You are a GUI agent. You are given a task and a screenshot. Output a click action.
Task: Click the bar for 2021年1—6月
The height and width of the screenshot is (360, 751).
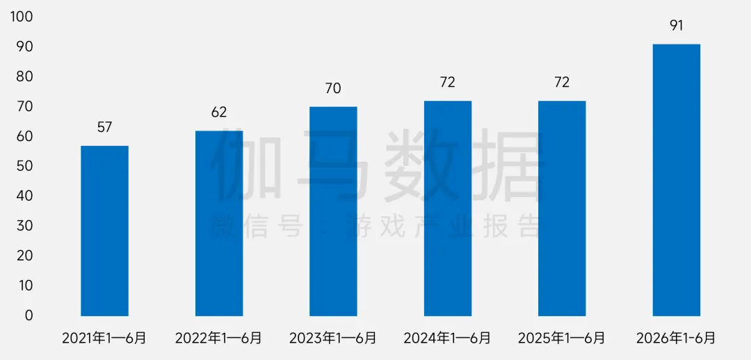coord(104,231)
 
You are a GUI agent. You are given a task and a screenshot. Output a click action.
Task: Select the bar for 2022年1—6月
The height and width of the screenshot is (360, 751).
coord(219,223)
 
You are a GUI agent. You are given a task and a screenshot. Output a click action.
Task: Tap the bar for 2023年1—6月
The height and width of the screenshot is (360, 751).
coord(333,211)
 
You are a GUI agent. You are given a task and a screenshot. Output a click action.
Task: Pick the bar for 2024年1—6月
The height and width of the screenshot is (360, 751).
coord(448,208)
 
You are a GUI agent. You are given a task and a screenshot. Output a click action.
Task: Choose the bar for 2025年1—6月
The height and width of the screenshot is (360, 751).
coord(562,208)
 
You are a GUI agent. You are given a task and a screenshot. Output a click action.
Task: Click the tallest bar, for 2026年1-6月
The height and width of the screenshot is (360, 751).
coord(677,180)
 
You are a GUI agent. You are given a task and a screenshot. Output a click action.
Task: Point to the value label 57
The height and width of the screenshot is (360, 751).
coord(104,127)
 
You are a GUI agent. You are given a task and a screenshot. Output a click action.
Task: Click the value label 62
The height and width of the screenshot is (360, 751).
coord(219,113)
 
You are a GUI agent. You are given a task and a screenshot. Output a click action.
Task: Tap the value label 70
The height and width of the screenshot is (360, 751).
coord(333,88)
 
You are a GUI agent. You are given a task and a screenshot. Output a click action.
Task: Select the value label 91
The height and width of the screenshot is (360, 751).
coord(677,26)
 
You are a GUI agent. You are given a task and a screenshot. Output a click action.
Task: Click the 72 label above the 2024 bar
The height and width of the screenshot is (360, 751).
coord(448,83)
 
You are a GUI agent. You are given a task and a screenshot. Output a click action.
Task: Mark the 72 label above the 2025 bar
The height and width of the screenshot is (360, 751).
coord(562,83)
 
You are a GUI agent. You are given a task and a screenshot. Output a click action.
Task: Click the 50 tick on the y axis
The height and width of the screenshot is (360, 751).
coord(24,167)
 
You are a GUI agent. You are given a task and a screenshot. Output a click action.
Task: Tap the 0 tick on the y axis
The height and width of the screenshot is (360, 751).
coord(29,316)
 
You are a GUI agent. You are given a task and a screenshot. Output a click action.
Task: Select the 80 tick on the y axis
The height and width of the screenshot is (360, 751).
coord(24,77)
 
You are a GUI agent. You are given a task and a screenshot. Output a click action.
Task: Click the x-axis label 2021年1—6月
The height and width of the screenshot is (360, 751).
coord(104,338)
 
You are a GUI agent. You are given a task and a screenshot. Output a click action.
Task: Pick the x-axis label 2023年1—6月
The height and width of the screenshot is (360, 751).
coord(333,338)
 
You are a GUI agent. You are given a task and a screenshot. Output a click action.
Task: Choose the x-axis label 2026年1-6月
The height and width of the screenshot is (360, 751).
coord(677,338)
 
